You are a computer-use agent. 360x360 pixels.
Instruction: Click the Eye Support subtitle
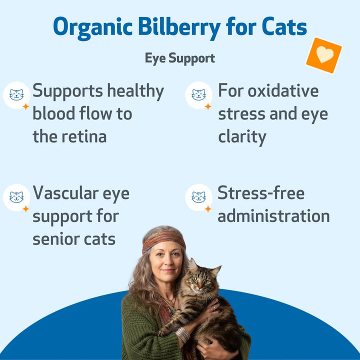[180, 58]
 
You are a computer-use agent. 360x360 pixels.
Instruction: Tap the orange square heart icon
[324, 55]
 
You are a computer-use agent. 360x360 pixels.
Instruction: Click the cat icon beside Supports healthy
[16, 95]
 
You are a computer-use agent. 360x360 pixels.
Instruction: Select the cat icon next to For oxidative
[198, 95]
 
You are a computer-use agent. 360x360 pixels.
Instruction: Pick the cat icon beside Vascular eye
[16, 197]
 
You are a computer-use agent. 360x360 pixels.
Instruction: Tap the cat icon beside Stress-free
[198, 197]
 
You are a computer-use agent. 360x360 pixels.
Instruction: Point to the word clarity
[242, 136]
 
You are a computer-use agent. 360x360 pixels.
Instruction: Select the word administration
[273, 216]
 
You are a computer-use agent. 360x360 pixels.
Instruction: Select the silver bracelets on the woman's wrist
[183, 334]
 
